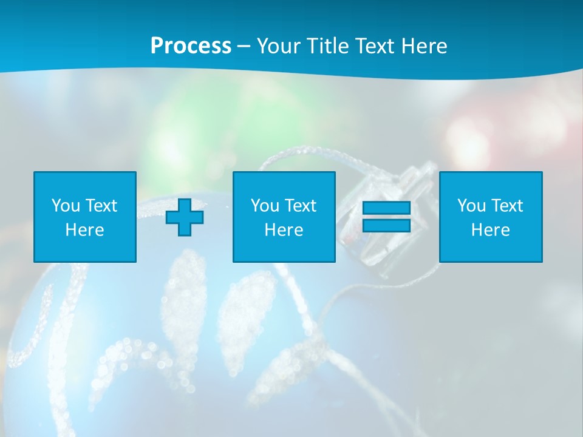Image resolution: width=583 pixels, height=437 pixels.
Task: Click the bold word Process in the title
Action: click(191, 46)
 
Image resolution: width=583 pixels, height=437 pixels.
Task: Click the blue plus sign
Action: click(185, 217)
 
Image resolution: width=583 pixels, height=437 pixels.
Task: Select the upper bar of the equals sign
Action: click(386, 208)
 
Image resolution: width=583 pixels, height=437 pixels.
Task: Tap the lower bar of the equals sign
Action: click(386, 226)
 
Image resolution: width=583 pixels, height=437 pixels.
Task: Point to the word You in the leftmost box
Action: click(66, 206)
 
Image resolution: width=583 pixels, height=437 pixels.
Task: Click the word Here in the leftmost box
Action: click(85, 230)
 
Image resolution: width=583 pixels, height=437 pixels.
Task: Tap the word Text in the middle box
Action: click(301, 206)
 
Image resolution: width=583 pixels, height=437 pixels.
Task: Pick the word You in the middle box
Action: click(265, 206)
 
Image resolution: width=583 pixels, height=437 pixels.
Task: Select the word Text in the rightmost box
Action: click(507, 206)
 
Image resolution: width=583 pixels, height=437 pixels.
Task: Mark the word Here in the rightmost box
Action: click(491, 230)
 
